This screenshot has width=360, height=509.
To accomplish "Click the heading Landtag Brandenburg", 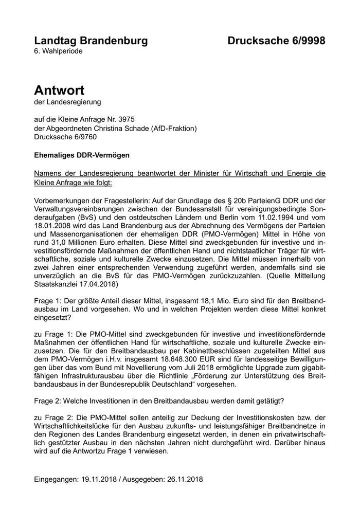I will tap(91, 41).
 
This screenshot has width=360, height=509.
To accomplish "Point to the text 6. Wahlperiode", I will tap(58, 51).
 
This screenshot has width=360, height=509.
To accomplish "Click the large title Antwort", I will tap(59, 90).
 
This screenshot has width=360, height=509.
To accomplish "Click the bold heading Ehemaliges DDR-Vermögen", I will tap(75, 155).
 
